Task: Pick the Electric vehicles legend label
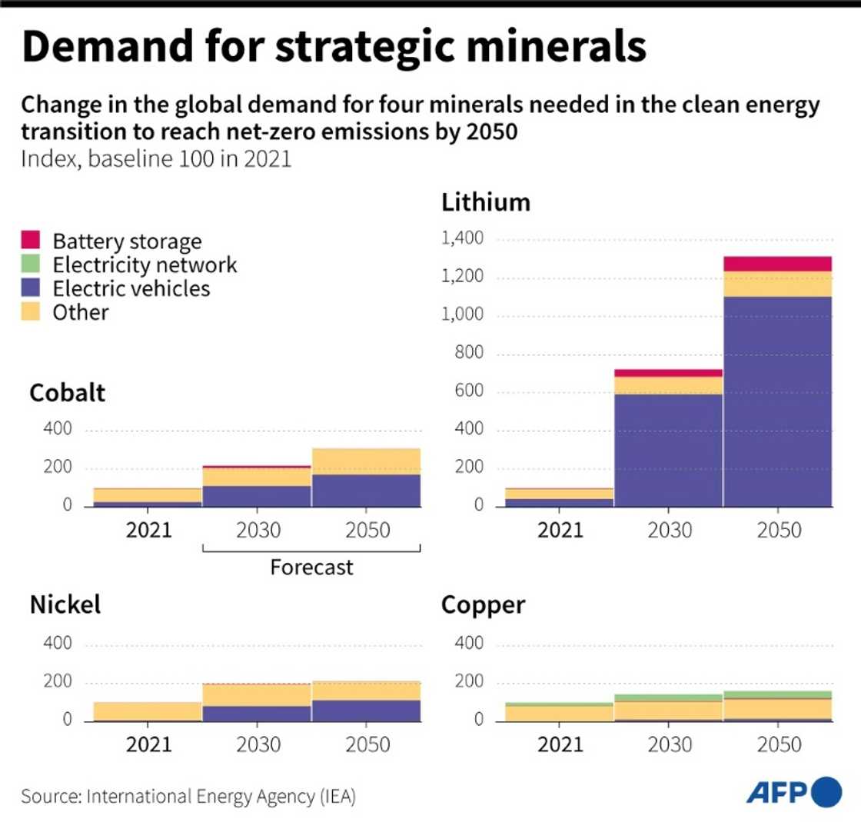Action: point(131,288)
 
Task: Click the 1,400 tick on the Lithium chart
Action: point(462,240)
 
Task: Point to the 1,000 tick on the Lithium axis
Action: point(462,316)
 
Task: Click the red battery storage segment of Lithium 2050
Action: point(778,264)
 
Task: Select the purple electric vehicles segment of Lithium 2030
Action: point(668,450)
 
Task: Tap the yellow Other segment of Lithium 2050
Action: point(778,284)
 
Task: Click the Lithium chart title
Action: point(486,202)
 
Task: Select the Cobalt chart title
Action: point(68,393)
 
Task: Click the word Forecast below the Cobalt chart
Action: point(311,567)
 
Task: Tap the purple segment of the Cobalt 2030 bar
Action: point(257,496)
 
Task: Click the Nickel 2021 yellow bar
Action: point(148,711)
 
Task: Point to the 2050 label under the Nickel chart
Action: point(366,744)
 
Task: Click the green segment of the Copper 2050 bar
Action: point(778,694)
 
